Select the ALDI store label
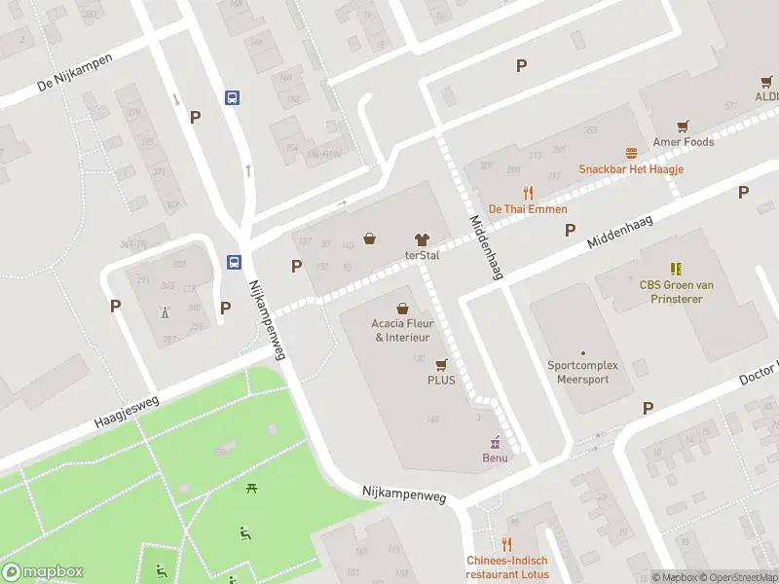point(765,97)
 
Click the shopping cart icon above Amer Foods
point(684,126)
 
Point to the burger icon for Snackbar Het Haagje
point(631,153)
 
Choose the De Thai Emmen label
point(528,209)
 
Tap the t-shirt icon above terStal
point(422,238)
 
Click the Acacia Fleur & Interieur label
point(402,330)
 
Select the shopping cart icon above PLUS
point(441,364)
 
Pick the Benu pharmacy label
point(495,457)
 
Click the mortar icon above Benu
point(495,442)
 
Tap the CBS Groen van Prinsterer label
point(677,291)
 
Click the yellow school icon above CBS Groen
point(676,268)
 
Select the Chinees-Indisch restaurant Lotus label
point(506,566)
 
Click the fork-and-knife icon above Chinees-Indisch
point(506,544)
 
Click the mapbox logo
point(42,571)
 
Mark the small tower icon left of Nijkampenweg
point(164,311)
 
